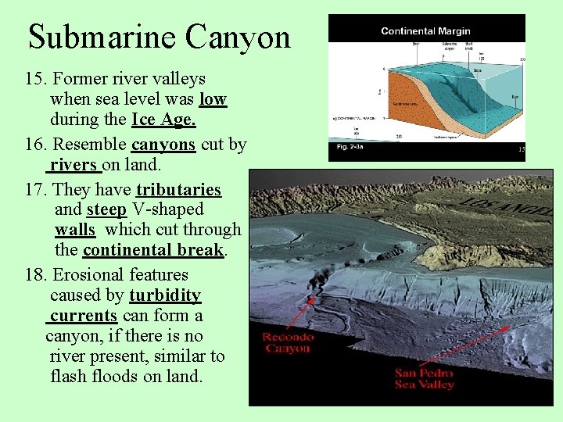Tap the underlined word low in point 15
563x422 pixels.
click(213, 99)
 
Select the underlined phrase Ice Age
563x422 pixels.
click(163, 120)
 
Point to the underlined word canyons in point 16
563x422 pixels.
click(163, 145)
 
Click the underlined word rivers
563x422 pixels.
click(75, 165)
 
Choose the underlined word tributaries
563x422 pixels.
click(178, 190)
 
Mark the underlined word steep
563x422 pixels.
click(107, 209)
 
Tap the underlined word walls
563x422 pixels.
click(75, 230)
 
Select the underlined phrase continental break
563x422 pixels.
click(154, 250)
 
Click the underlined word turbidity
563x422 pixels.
click(165, 295)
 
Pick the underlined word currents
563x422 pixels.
click(83, 316)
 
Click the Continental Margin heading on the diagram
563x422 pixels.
click(425, 31)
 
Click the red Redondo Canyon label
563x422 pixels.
click(288, 342)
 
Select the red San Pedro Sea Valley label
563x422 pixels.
click(425, 378)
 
